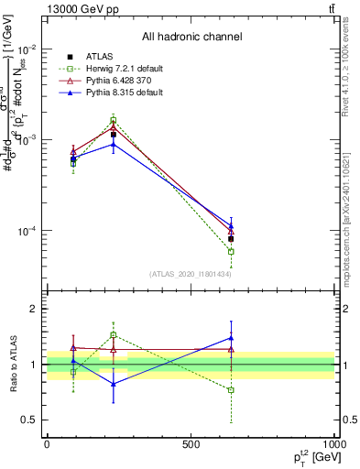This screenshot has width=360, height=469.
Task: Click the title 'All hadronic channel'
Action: (x=191, y=37)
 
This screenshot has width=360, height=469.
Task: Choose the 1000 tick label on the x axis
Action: (x=332, y=444)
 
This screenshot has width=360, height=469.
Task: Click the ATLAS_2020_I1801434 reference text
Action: (x=191, y=274)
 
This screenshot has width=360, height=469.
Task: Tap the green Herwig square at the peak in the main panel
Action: (x=114, y=120)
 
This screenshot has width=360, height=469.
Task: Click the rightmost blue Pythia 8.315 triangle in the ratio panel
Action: (x=231, y=338)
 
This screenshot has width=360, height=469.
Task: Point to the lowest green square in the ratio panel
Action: (x=231, y=390)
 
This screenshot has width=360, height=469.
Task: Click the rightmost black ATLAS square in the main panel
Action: (x=231, y=238)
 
